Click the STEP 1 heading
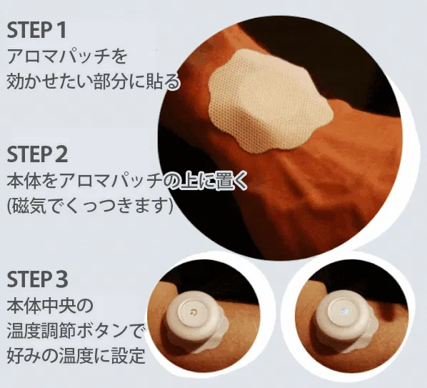click(x=36, y=30)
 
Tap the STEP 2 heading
click(x=37, y=154)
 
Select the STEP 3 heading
click(x=37, y=279)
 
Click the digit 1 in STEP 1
click(x=61, y=30)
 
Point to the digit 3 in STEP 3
click(x=62, y=279)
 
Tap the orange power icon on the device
click(x=194, y=312)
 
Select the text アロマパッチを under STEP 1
click(x=67, y=56)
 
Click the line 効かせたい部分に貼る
click(x=93, y=81)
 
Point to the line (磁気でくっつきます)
click(x=90, y=207)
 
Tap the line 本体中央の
click(x=50, y=305)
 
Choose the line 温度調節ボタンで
click(x=76, y=330)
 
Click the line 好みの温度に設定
click(x=76, y=355)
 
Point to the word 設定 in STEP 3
click(x=128, y=355)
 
